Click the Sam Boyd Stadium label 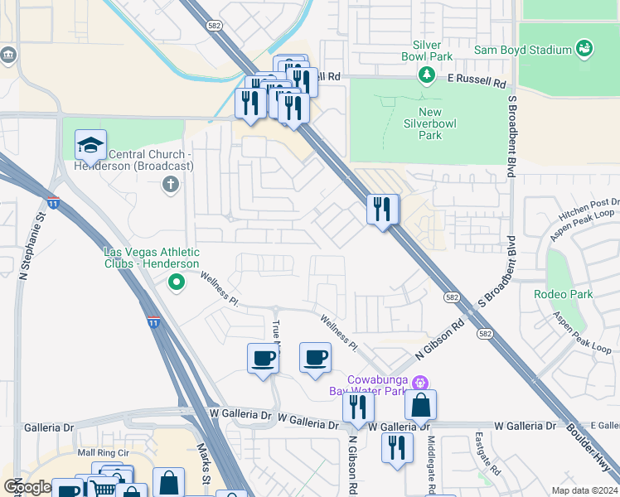coord(522,50)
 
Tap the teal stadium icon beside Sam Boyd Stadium coord(584,49)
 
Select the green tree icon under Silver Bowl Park coord(427,76)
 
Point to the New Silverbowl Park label coord(430,123)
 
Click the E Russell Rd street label coord(477,83)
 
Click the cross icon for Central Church coord(171,184)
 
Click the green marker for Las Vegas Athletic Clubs coord(176,283)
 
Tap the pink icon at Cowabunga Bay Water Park coord(420,383)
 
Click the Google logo coord(27,487)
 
